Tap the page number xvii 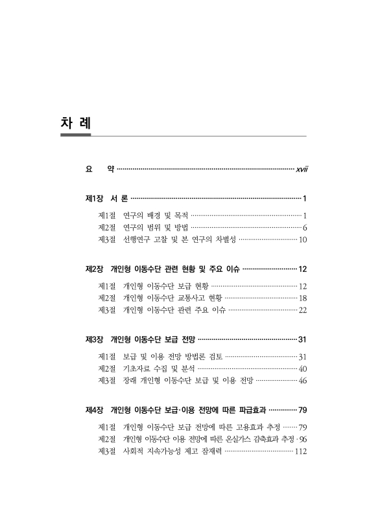301,170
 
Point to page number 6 304,227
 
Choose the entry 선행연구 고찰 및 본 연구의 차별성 180,240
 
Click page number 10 302,240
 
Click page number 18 302,298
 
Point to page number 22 302,310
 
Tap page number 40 302,368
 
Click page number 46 302,381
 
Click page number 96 303,439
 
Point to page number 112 300,451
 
